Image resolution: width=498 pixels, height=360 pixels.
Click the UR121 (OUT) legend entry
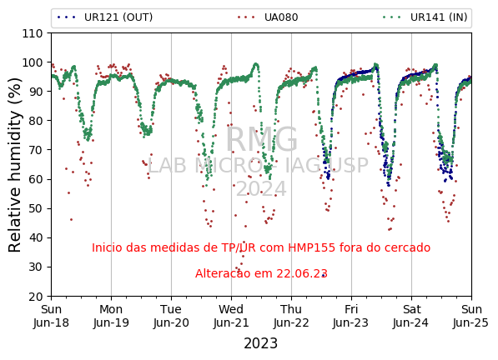click(105, 17)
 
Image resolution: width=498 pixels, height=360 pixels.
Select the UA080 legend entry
click(268, 17)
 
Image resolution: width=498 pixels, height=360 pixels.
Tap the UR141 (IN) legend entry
click(425, 17)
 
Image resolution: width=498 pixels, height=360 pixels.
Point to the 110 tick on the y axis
click(32, 33)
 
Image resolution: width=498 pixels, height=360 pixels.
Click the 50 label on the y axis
click(36, 208)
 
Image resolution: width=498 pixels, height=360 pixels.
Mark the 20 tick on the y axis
click(36, 297)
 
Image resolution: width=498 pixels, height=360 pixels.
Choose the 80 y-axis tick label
click(36, 121)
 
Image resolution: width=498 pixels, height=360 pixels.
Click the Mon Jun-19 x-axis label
click(111, 316)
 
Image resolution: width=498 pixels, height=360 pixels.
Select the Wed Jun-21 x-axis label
click(231, 316)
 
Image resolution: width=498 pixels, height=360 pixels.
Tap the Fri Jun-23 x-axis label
click(351, 316)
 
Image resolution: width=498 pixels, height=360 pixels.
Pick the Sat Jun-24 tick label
click(411, 316)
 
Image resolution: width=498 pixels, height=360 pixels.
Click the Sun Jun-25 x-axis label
click(471, 316)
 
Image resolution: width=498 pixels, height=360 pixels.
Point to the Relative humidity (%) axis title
click(15, 165)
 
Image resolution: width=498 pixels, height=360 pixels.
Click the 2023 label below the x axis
click(261, 343)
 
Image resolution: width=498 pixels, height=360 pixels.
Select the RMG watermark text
click(261, 139)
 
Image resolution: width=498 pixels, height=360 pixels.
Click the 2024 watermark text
click(261, 189)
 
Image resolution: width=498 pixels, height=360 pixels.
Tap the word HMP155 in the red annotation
click(312, 247)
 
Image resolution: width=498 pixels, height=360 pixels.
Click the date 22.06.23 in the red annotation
click(302, 273)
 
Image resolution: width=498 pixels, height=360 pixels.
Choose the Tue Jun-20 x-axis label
click(171, 316)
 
